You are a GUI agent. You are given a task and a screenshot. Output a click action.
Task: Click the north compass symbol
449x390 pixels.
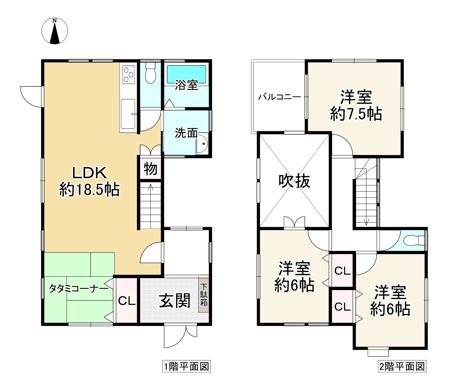[55, 31]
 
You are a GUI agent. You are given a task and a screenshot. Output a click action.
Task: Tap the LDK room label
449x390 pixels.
[89, 173]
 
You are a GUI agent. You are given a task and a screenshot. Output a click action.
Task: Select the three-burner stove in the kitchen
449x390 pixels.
[128, 74]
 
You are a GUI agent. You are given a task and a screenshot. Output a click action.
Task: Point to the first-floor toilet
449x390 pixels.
[150, 74]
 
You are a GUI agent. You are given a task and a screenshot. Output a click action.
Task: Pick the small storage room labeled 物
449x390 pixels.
[150, 169]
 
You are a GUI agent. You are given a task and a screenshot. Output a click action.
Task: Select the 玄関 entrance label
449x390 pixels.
[175, 301]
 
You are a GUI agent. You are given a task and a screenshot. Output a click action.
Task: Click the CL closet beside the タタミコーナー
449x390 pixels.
[127, 301]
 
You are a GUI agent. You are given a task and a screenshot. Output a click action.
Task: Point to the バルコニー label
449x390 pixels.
[279, 97]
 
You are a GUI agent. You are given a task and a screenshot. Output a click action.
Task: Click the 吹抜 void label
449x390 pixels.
[294, 181]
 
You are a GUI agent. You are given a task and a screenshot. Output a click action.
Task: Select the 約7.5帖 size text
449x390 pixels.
[356, 114]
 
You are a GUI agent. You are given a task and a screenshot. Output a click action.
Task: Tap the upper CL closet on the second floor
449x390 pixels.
[342, 271]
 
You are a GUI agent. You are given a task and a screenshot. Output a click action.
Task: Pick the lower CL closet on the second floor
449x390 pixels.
[342, 307]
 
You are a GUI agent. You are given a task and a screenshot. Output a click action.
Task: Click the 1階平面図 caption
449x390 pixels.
[186, 367]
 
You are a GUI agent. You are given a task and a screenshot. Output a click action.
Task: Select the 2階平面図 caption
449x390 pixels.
[402, 367]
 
